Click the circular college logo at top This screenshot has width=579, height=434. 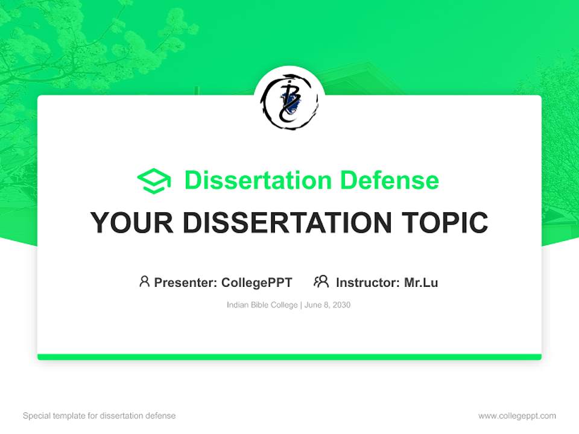coord(289,101)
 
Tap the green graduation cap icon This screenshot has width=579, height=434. coord(154,181)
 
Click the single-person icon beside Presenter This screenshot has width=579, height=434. coord(144,281)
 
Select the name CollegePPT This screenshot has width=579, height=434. coord(257,282)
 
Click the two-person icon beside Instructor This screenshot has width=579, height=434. coord(321,281)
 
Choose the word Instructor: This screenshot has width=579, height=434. coord(367,282)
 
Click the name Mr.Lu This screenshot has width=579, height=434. coord(421,282)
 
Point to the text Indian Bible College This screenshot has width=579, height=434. coord(262,305)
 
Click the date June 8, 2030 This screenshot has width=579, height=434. coord(327,305)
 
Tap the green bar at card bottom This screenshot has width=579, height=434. coord(289,357)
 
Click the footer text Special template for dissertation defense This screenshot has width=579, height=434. coord(100,416)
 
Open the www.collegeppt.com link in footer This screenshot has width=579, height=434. coord(517,416)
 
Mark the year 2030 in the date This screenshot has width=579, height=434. coord(341,305)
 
